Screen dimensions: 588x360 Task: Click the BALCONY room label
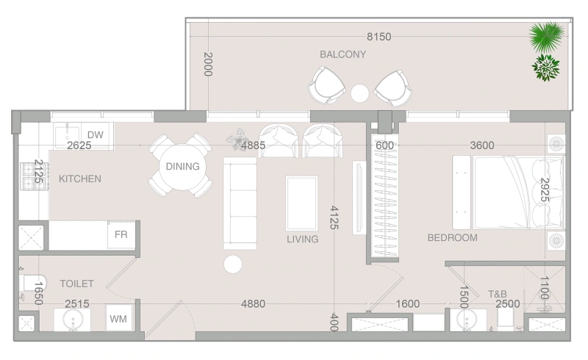coord(343,54)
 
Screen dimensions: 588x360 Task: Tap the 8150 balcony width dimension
coord(379,37)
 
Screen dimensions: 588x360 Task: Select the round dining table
coord(182,167)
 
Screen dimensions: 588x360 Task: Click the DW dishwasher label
coord(96,134)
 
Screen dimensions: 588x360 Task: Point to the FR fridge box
coord(121,234)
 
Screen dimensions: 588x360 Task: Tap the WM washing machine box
coord(118,318)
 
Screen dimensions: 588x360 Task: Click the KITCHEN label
coord(80,179)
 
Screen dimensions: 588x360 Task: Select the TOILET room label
coord(77,284)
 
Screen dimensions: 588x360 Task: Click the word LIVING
coord(303,240)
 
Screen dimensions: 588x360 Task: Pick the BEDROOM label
coord(453,238)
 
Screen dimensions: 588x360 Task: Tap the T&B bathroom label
coord(498,294)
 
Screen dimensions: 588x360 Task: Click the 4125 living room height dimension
coord(334,217)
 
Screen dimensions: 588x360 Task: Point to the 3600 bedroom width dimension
coord(482,145)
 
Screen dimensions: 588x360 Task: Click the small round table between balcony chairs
coord(359,93)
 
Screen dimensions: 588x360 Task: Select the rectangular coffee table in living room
coord(301,204)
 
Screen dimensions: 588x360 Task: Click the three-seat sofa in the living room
coord(240,204)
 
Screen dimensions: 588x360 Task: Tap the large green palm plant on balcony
coord(547,37)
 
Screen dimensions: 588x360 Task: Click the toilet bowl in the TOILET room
coord(33,283)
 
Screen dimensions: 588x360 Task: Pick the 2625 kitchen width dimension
coord(79,145)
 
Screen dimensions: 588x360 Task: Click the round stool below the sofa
coord(233,264)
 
